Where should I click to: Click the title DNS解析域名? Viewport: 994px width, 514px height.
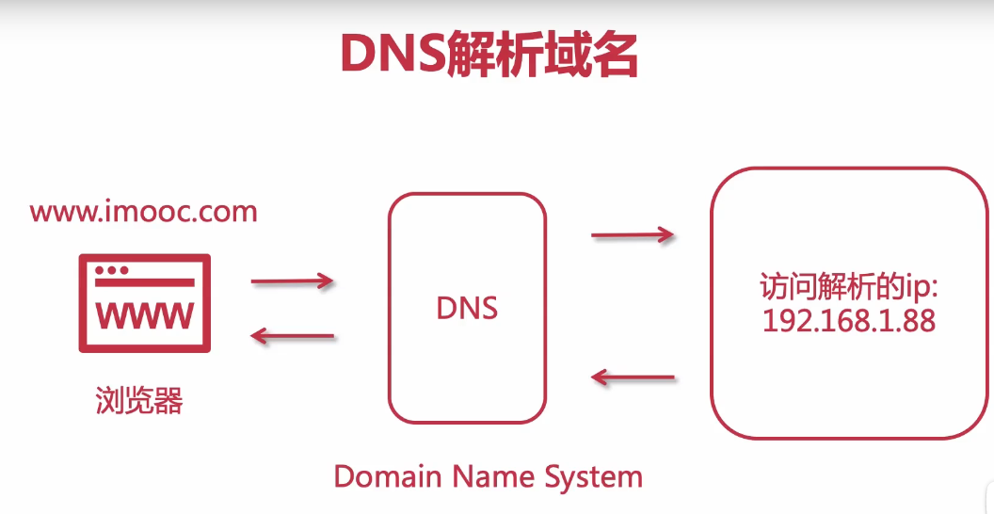click(489, 56)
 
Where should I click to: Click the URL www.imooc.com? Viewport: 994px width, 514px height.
click(143, 211)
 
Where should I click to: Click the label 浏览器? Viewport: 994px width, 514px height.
click(139, 402)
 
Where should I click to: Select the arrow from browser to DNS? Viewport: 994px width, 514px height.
click(292, 281)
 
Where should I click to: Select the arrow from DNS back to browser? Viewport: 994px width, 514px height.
click(292, 336)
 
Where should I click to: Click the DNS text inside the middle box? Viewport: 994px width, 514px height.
click(467, 308)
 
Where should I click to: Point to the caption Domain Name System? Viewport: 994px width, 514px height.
click(488, 476)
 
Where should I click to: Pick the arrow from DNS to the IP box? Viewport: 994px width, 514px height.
click(633, 234)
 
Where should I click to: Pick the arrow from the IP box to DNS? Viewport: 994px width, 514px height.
click(633, 378)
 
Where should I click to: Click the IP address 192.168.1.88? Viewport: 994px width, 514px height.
click(849, 321)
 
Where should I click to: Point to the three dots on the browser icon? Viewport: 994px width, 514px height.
click(112, 270)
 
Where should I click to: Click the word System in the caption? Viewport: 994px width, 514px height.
click(592, 476)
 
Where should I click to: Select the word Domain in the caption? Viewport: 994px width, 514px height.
click(388, 476)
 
